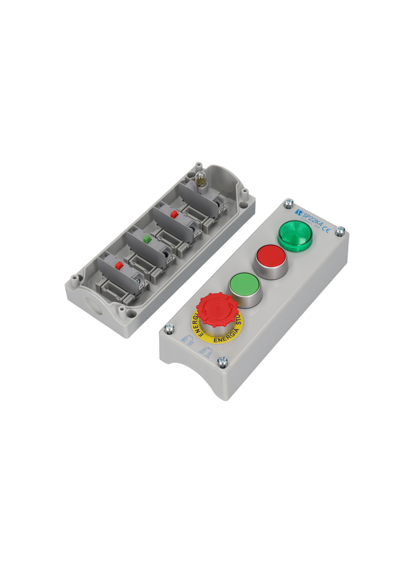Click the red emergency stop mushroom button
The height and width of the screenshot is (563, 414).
coord(217,308)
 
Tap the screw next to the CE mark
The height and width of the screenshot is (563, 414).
coord(341,230)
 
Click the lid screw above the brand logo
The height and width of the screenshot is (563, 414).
coord(288,202)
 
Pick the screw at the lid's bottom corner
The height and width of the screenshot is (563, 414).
coord(222,362)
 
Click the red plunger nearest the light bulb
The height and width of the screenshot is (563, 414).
coord(173,214)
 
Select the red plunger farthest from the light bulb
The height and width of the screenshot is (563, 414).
coord(119,265)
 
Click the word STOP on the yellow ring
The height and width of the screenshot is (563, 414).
coord(239,320)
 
